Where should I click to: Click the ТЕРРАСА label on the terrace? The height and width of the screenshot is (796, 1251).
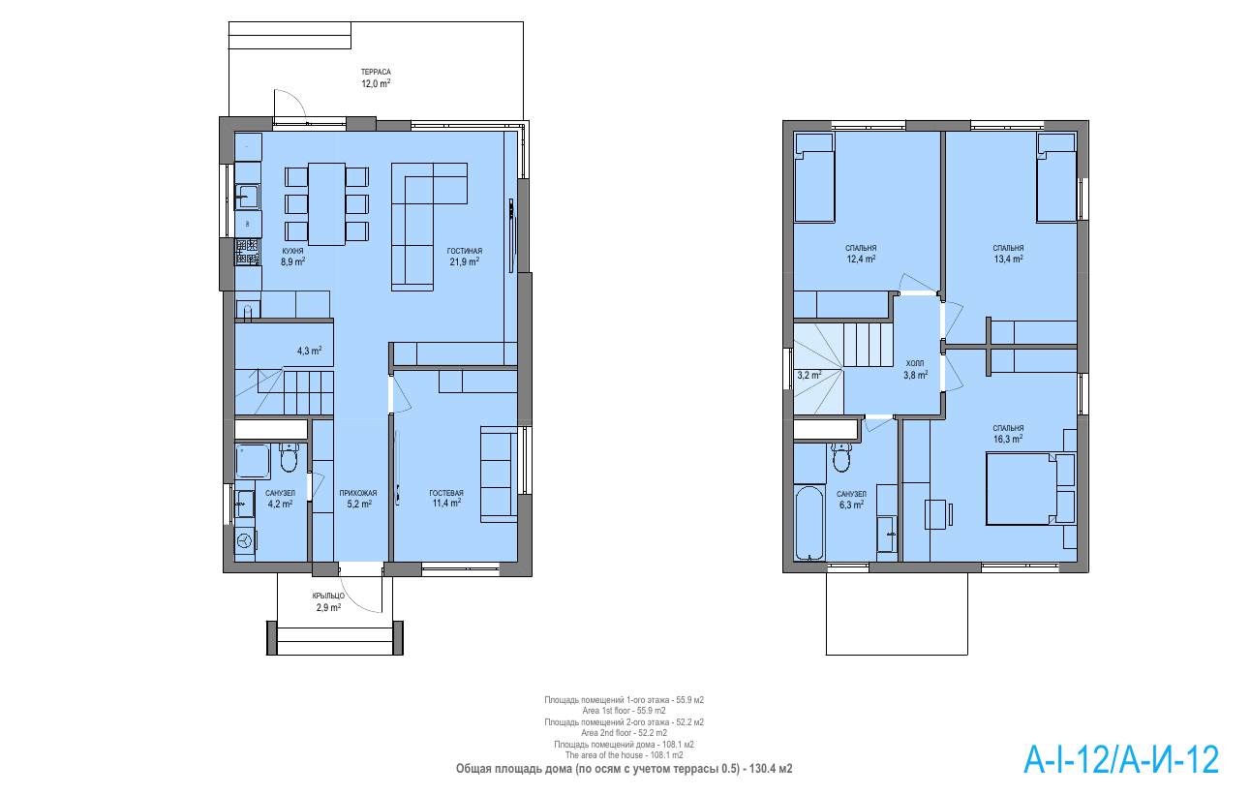click(x=376, y=72)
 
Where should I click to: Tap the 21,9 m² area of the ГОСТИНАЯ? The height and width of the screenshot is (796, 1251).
click(x=464, y=260)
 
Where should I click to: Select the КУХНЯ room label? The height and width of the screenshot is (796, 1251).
click(x=292, y=252)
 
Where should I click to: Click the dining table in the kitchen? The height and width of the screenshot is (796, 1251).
click(x=326, y=204)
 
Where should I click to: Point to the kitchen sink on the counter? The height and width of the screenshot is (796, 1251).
click(x=246, y=197)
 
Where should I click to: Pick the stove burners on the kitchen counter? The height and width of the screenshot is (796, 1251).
click(x=247, y=252)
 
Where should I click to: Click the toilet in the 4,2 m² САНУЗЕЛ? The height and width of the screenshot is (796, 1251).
click(x=289, y=457)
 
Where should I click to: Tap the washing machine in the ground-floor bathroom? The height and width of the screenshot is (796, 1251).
click(x=245, y=540)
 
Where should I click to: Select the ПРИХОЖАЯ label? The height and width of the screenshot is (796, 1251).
click(x=358, y=493)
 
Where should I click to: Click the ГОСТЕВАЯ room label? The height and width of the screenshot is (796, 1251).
click(x=446, y=493)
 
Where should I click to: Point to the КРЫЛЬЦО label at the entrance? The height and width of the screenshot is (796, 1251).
click(x=328, y=596)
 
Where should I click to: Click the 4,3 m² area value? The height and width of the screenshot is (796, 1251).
click(x=309, y=351)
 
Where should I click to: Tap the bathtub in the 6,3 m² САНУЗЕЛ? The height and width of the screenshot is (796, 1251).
click(x=809, y=523)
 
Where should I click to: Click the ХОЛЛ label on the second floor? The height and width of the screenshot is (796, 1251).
click(x=915, y=363)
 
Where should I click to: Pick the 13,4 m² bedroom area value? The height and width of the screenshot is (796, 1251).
click(x=1008, y=259)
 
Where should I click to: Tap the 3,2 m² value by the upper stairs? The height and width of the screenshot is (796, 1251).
click(x=809, y=375)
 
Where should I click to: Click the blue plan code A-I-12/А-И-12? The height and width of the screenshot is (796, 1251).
click(x=1121, y=760)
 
